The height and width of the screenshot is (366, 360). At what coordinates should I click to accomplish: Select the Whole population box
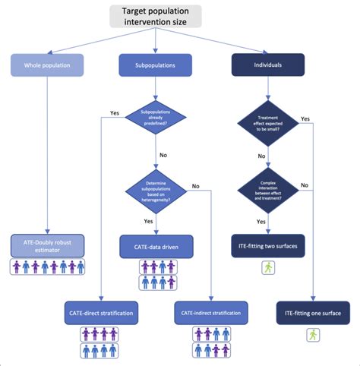click(x=46, y=65)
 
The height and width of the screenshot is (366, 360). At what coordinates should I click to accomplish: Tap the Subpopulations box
click(x=157, y=65)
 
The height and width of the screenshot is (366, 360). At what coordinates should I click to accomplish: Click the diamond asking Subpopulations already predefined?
click(x=156, y=118)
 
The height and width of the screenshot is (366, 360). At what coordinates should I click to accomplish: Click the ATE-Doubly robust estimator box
click(x=46, y=245)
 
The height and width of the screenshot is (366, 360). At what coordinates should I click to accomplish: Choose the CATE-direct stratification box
click(x=102, y=312)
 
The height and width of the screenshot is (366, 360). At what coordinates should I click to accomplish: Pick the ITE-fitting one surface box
click(x=314, y=312)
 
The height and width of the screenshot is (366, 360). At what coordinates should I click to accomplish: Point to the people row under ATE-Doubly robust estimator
click(x=46, y=267)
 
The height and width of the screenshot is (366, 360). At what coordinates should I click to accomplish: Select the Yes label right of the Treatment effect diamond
click(x=305, y=118)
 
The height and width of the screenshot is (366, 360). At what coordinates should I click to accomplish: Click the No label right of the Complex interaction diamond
click(x=305, y=184)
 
